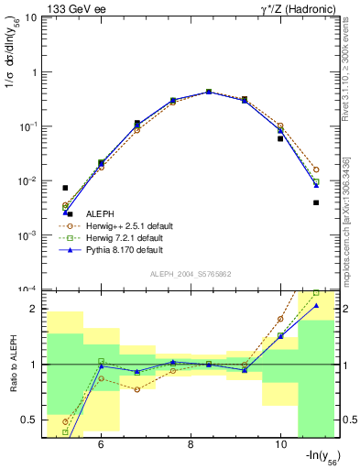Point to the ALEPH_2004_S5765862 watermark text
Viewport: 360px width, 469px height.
click(191, 274)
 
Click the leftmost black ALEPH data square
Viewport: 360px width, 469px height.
click(65, 188)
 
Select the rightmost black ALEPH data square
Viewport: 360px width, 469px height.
click(316, 202)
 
